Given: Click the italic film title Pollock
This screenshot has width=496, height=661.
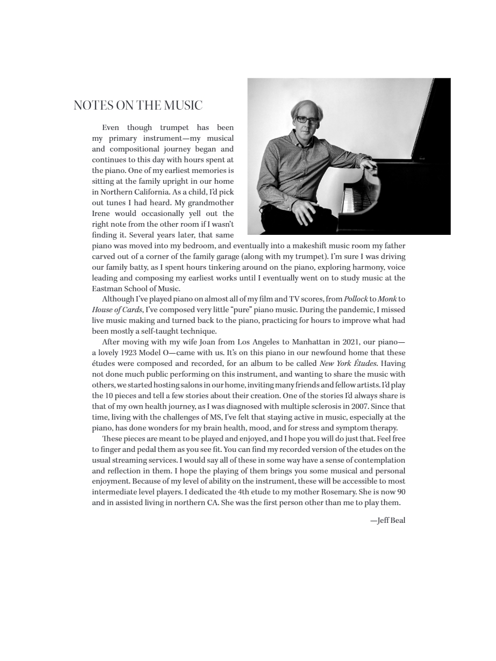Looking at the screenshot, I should (x=356, y=299).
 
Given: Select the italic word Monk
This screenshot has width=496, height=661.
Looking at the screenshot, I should (x=387, y=299).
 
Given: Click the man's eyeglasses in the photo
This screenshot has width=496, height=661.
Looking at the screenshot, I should (x=305, y=119).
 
